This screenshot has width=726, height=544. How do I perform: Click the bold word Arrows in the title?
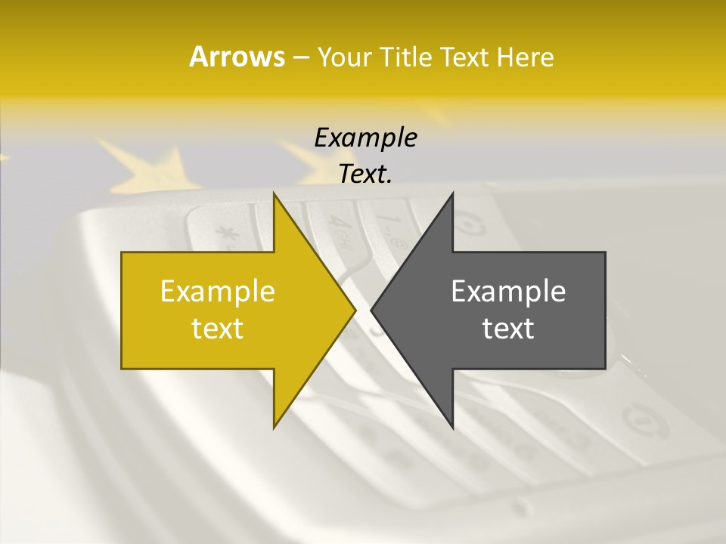tap(237, 57)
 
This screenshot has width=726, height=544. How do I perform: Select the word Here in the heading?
tap(525, 57)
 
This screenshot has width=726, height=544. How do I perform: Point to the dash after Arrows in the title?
tap(300, 57)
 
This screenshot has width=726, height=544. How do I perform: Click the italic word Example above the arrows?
tap(365, 138)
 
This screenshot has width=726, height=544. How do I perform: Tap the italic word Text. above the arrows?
tap(365, 174)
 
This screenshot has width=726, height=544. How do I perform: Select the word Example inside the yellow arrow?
tap(218, 292)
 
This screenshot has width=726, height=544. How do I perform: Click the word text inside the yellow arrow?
tap(218, 328)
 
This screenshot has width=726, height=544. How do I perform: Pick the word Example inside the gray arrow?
tap(508, 292)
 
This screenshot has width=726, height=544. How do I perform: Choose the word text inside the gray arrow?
tap(508, 328)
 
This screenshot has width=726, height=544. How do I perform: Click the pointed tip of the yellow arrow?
tap(355, 310)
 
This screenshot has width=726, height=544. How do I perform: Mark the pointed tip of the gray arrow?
tap(372, 310)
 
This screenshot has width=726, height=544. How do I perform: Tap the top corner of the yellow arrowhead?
tap(275, 194)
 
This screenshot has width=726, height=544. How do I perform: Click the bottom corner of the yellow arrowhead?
tap(275, 426)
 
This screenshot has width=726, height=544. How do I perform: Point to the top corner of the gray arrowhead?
tap(452, 194)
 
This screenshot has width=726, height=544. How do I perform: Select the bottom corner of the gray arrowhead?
tap(452, 426)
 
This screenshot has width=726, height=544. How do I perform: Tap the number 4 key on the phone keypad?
tap(334, 224)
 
